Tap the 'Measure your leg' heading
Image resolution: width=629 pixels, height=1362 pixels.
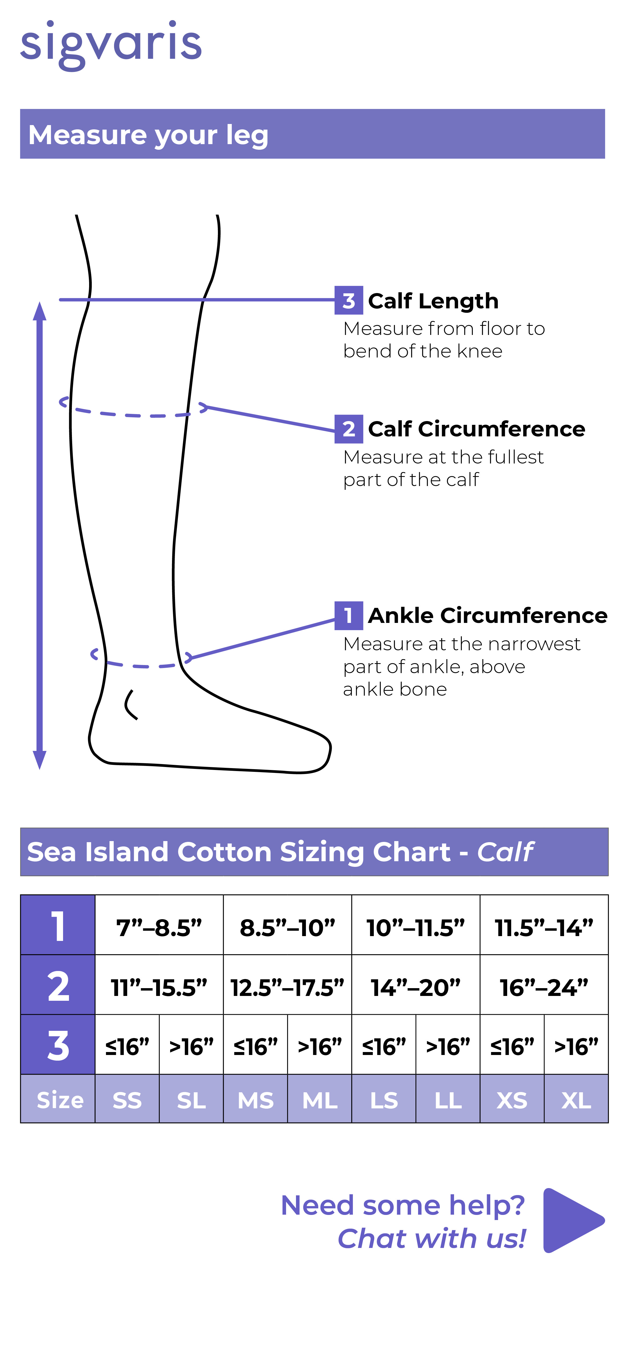148,135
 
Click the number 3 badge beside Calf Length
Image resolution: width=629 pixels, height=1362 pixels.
348,300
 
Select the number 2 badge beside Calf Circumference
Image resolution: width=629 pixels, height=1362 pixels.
348,429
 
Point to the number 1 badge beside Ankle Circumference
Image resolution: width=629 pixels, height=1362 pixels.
348,615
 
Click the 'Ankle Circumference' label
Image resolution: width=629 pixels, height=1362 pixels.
487,615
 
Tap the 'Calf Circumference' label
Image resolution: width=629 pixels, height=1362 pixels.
476,429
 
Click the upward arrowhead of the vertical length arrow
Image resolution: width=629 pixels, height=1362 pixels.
40,311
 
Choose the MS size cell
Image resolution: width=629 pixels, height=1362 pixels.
256,1099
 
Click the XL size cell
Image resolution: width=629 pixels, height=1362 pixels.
576,1099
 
